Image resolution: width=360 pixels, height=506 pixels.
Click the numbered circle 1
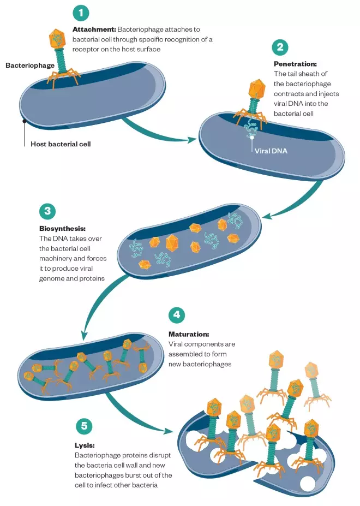tap(80, 13)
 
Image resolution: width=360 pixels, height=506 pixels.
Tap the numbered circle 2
tap(280, 47)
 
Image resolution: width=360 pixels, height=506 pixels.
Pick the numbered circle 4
tap(176, 315)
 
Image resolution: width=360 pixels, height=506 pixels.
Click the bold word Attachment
tap(93, 28)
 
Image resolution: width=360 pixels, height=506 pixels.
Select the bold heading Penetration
tap(295, 63)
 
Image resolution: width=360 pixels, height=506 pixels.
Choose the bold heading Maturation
tap(189, 334)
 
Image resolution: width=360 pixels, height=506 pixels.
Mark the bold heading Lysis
tap(84, 445)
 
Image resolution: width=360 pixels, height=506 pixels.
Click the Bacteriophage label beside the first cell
tap(30, 66)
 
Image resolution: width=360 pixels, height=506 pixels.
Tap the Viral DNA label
tap(271, 151)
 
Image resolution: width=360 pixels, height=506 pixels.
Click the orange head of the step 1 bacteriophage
tap(58, 39)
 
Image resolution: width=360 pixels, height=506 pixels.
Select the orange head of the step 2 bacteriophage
tap(256, 88)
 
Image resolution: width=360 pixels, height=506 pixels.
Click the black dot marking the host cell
tap(24, 121)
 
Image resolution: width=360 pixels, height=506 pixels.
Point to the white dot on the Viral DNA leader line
tap(251, 137)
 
